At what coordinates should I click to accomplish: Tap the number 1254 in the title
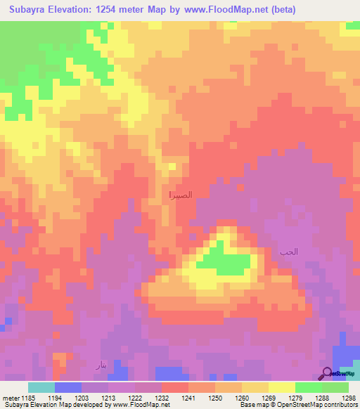[x=108, y=10]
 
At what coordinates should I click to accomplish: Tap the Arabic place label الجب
[x=288, y=251]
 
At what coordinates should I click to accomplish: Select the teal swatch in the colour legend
[x=41, y=387]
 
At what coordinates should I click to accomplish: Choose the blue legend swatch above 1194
[x=68, y=387]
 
